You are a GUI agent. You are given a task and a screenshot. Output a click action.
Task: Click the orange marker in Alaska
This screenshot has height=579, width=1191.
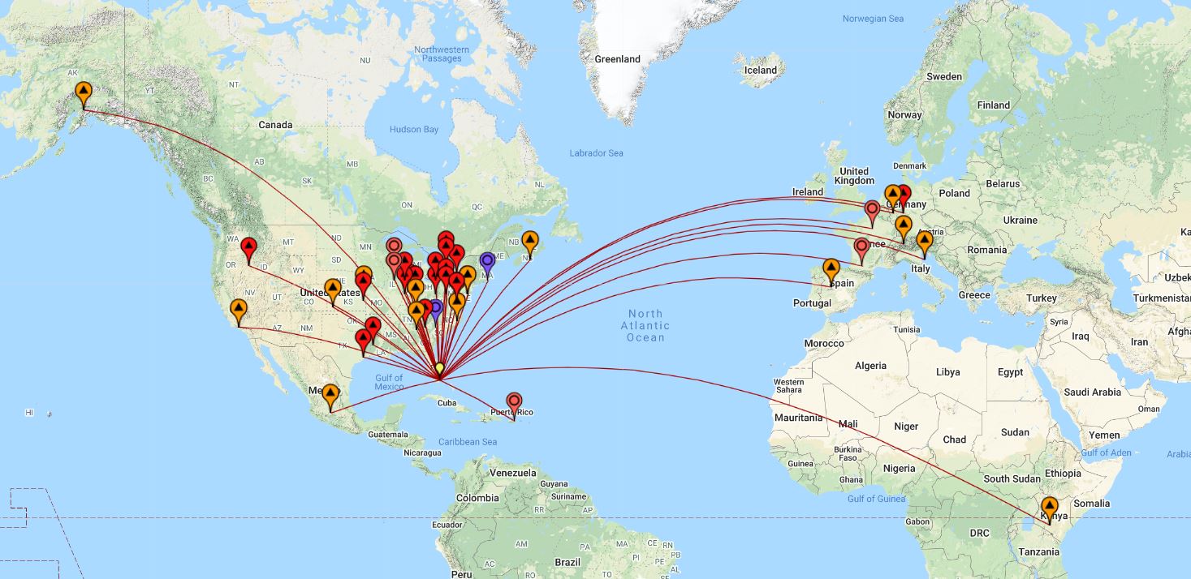click(x=83, y=92)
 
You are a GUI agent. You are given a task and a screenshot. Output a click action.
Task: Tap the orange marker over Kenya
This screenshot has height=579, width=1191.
click(x=1050, y=508)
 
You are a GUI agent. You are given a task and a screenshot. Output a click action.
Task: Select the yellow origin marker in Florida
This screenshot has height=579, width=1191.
click(x=439, y=369)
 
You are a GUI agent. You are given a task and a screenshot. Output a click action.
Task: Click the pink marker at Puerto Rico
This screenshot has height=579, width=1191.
click(x=514, y=402)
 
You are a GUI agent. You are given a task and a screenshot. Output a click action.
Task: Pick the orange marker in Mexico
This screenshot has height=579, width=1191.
click(x=330, y=395)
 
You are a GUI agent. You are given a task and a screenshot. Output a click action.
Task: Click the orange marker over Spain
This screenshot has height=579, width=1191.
click(x=831, y=269)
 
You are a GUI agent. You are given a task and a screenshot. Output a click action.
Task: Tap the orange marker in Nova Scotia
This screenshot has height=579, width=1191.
click(x=529, y=241)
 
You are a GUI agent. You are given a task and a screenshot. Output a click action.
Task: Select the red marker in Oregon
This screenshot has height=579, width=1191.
click(x=249, y=247)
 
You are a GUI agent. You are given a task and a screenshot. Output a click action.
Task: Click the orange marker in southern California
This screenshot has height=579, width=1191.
click(x=238, y=310)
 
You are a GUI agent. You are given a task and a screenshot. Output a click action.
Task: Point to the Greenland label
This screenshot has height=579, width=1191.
click(x=617, y=59)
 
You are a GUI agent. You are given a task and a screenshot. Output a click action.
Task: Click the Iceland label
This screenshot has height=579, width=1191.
click(x=761, y=71)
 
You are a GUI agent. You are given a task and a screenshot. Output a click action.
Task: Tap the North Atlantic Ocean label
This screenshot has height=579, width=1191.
click(x=645, y=325)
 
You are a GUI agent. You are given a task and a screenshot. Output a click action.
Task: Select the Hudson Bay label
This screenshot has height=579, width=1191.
click(x=413, y=130)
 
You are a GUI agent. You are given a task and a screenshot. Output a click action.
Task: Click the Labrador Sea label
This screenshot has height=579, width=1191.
click(x=596, y=153)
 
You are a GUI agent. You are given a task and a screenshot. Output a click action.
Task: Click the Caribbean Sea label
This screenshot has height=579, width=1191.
click(x=467, y=442)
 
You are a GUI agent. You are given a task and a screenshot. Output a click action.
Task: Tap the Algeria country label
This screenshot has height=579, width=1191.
click(x=870, y=366)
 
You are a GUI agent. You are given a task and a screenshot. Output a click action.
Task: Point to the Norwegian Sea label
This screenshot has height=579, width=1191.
click(x=873, y=19)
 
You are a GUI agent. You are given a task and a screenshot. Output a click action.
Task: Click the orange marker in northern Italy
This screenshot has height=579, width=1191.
click(x=923, y=242)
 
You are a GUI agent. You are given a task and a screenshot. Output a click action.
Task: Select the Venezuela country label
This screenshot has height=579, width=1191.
click(x=512, y=473)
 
